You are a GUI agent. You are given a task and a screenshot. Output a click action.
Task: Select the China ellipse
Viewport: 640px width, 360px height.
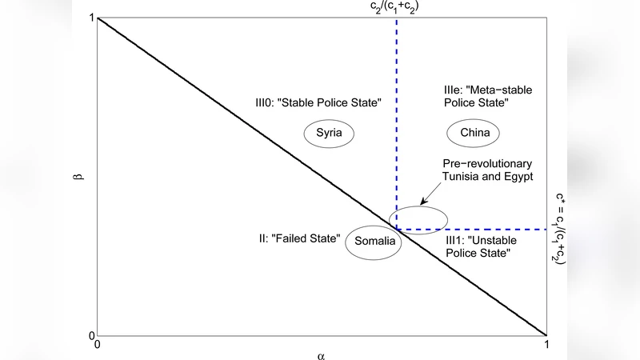click(x=474, y=133)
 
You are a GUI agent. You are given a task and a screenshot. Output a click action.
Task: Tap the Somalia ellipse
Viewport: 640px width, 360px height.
click(x=372, y=245)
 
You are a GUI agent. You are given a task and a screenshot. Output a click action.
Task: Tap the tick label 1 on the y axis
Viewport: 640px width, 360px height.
click(x=92, y=18)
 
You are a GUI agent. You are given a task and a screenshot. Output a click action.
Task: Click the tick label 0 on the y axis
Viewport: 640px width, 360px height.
click(x=92, y=335)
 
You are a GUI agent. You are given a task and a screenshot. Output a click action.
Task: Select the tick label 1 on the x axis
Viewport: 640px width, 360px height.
click(x=546, y=345)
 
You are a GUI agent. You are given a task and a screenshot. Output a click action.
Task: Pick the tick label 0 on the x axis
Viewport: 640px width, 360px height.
click(x=98, y=345)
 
